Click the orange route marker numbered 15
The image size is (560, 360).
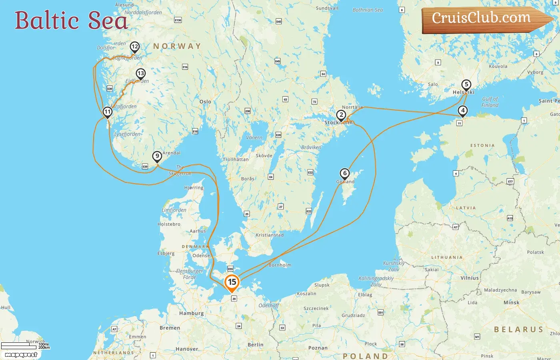coord(232,282)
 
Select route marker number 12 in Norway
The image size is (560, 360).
coord(135,47)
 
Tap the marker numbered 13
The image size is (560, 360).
coord(140,74)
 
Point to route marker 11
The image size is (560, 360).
coord(107,112)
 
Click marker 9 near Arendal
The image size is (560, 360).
coord(157,156)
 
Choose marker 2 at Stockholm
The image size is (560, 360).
coord(341,115)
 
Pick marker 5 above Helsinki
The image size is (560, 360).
coord(466,85)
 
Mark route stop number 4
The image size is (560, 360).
coord(463,110)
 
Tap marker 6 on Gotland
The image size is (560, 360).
coord(344,174)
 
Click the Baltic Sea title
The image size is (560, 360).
coord(71,20)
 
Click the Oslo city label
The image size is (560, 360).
coord(205,102)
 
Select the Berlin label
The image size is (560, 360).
coord(255,345)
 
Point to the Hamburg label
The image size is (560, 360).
coord(191,313)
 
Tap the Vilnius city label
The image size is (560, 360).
coord(470,278)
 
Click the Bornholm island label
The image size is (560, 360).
coord(280,265)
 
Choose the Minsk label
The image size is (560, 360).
coord(511,302)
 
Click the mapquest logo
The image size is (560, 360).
coord(21,354)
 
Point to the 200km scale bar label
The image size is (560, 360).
coord(44,348)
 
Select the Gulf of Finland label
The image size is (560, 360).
coord(490,102)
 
